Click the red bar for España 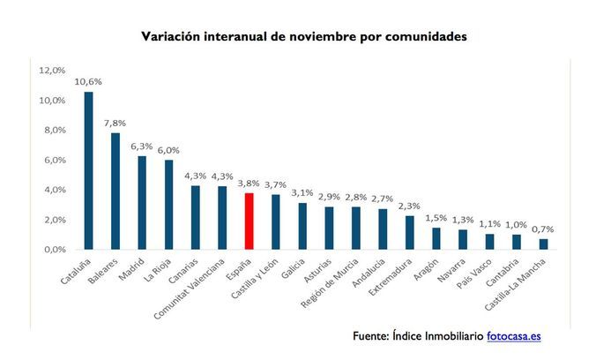250,221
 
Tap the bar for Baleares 115,191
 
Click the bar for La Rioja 169,205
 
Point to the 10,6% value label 86,81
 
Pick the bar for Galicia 303,227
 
